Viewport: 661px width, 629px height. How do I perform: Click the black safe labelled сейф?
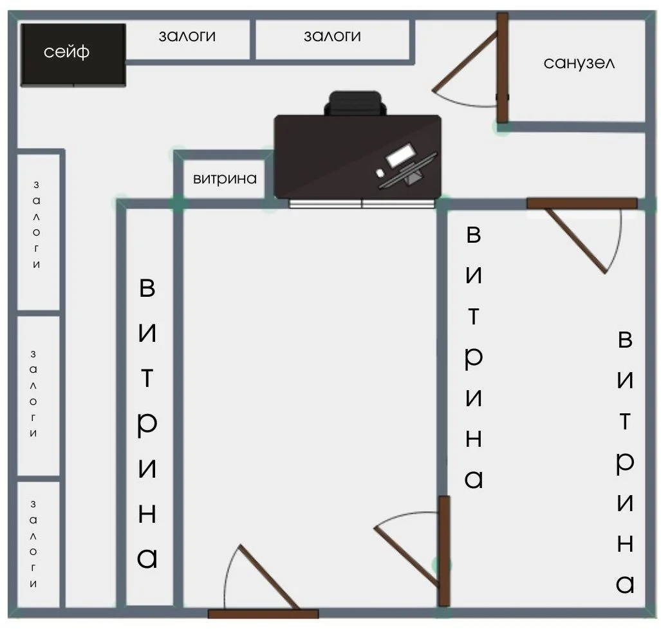pos(73,55)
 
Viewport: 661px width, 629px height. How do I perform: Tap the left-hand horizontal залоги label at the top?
pos(187,36)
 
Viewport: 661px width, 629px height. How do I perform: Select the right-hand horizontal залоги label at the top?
pos(332,36)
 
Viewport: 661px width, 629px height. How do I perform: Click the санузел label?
pos(579,63)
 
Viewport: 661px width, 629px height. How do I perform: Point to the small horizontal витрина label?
pos(225,179)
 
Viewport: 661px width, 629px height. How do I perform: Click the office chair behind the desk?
pos(355,103)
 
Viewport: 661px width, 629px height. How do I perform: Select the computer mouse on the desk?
pos(380,173)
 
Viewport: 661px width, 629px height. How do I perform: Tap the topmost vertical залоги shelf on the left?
pos(39,232)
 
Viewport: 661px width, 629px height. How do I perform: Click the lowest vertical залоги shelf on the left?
pos(39,544)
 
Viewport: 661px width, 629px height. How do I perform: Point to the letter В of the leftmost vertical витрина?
pos(147,288)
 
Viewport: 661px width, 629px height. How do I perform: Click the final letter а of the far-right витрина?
pos(625,584)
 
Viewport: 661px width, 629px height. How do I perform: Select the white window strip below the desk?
pos(362,204)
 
